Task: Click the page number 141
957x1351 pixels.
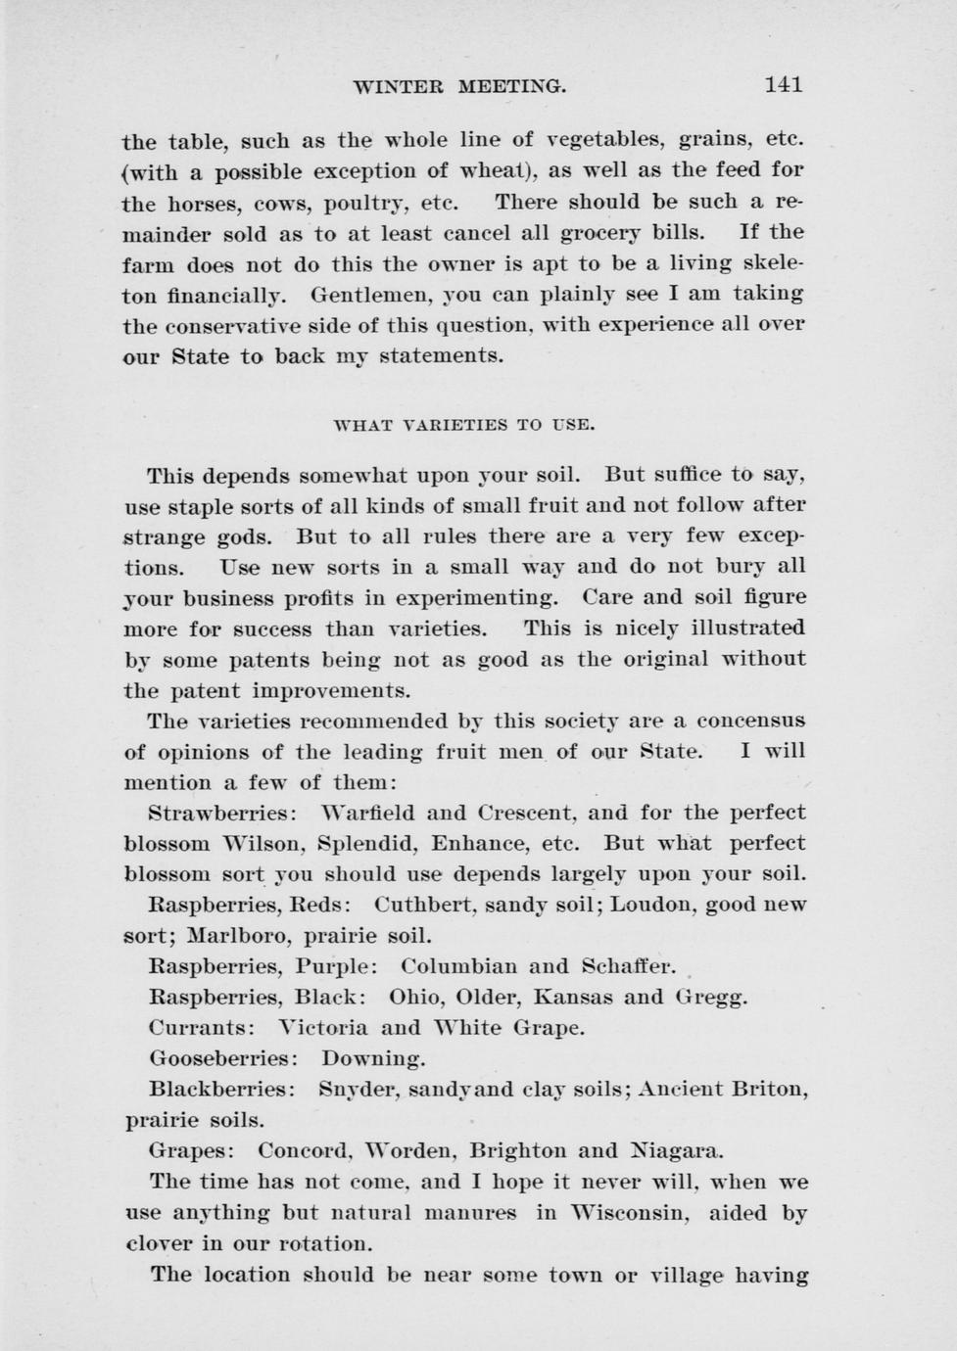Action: pos(783,84)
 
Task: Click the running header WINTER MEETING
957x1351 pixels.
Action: pos(459,86)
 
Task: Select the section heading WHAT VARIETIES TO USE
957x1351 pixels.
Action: pos(464,425)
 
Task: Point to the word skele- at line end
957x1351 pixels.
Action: pos(772,263)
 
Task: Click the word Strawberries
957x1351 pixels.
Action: pos(218,813)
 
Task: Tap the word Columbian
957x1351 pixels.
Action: pos(458,966)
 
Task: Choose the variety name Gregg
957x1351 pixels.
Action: pos(711,998)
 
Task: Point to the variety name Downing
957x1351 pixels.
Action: pos(373,1059)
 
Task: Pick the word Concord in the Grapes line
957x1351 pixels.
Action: pos(304,1150)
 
